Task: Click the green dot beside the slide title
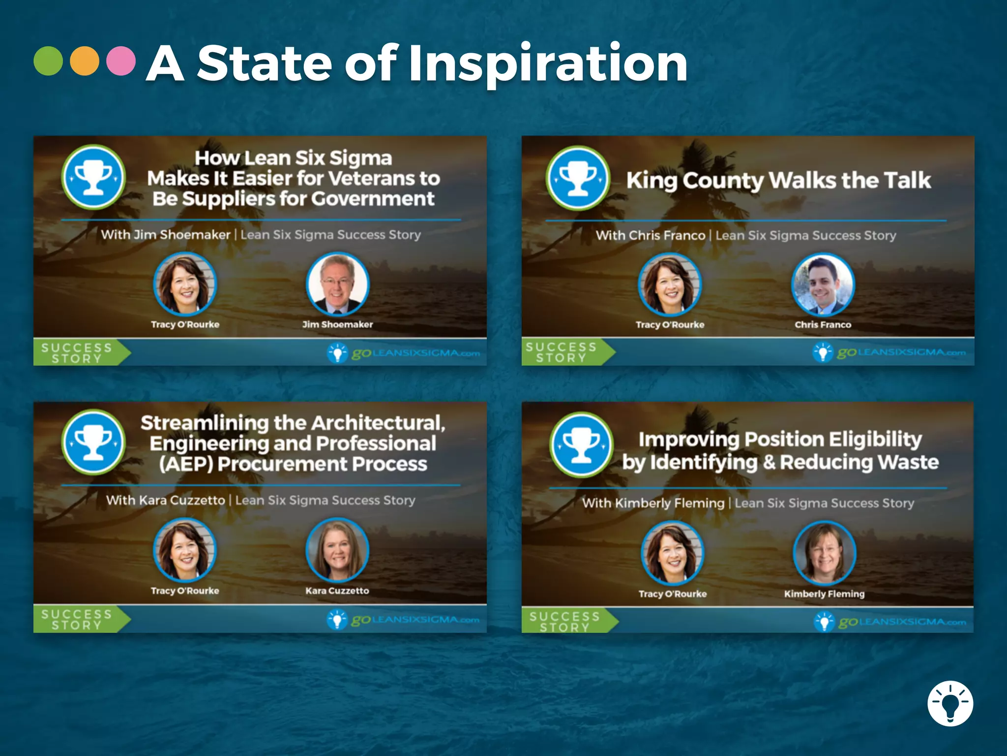pos(48,61)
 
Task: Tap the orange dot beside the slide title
pos(85,61)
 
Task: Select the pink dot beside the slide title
pos(121,61)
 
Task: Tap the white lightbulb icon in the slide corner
pos(950,703)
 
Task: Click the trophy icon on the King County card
pos(578,178)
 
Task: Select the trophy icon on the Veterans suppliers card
pos(93,177)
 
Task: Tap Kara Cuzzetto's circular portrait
pos(337,550)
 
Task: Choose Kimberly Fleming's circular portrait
pos(825,553)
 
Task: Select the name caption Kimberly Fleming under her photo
pos(824,594)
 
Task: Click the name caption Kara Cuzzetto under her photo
pos(337,591)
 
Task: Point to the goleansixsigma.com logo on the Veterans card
pos(403,353)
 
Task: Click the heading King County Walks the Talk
pos(778,180)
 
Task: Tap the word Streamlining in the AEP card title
pos(205,423)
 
